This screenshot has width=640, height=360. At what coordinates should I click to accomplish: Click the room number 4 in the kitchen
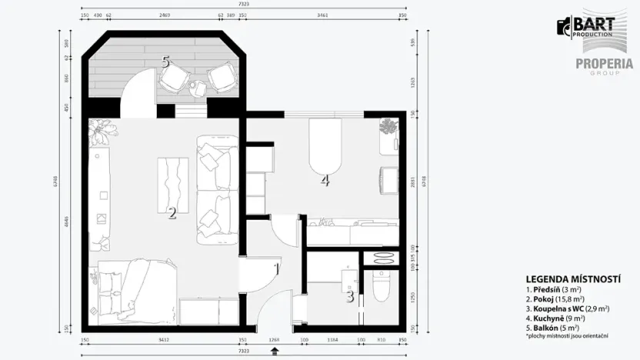click(x=325, y=181)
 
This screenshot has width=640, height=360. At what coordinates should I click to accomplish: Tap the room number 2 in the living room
click(x=172, y=213)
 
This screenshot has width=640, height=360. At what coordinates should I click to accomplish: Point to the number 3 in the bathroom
click(x=350, y=295)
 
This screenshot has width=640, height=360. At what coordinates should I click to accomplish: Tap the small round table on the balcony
click(x=197, y=87)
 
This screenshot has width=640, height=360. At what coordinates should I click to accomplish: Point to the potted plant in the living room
click(x=102, y=132)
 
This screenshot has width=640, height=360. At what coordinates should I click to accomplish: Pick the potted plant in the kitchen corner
click(x=389, y=126)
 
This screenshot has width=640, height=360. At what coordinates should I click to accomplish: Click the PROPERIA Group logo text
click(x=604, y=65)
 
